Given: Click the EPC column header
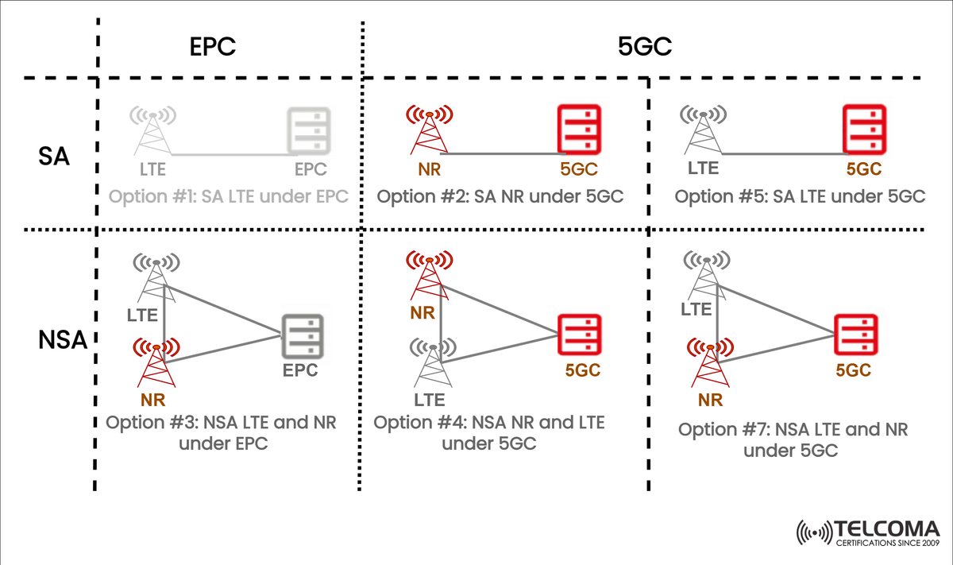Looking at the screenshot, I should [213, 47].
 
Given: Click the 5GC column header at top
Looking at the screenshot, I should [645, 47].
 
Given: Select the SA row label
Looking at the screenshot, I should [53, 157].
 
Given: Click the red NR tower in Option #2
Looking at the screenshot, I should [430, 133].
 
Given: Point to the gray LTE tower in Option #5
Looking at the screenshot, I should [703, 133].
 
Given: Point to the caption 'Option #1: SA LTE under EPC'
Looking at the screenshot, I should [229, 195].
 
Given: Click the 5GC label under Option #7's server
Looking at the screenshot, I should [854, 370].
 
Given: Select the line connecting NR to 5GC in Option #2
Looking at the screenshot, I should [500, 153].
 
